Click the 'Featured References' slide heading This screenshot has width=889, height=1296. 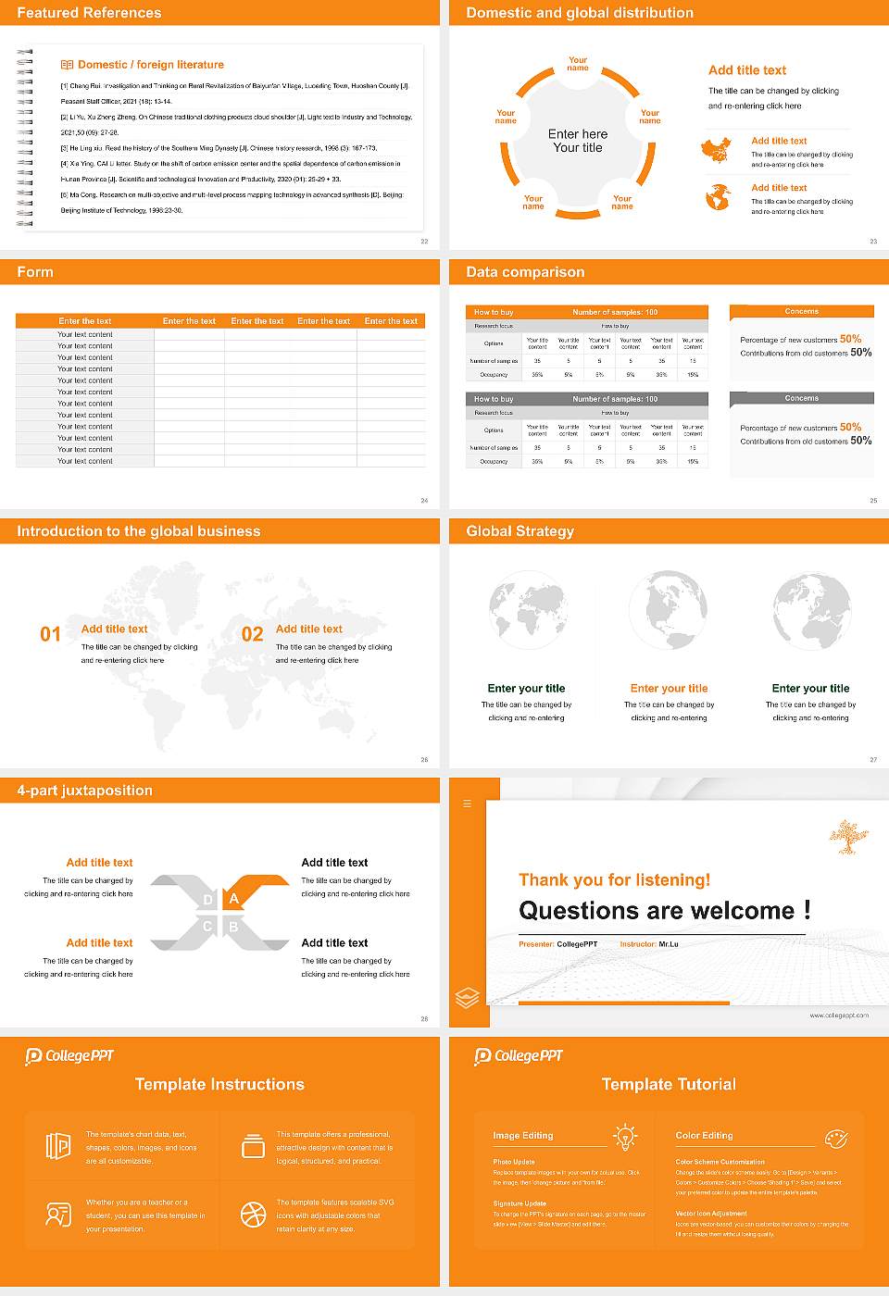pyautogui.click(x=89, y=13)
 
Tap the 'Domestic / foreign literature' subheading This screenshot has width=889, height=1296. pyautogui.click(x=150, y=65)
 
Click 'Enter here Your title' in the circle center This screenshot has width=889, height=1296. pyautogui.click(x=578, y=141)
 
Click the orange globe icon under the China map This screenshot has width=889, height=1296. pyautogui.click(x=718, y=197)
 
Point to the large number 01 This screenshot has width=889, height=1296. pyautogui.click(x=50, y=634)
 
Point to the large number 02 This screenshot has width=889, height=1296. pyautogui.click(x=252, y=634)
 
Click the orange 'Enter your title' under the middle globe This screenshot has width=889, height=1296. pyautogui.click(x=669, y=688)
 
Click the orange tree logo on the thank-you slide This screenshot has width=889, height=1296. pyautogui.click(x=844, y=836)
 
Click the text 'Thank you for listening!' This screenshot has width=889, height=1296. pyautogui.click(x=614, y=879)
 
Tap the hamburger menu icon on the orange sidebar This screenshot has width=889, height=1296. pyautogui.click(x=467, y=804)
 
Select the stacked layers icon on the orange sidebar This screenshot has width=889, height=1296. pyautogui.click(x=468, y=997)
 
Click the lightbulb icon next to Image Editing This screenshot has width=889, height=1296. pyautogui.click(x=625, y=1136)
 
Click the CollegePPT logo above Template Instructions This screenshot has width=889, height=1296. pyautogui.click(x=69, y=1056)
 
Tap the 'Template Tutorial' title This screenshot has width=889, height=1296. pyautogui.click(x=669, y=1084)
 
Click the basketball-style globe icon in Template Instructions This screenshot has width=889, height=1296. pyautogui.click(x=253, y=1214)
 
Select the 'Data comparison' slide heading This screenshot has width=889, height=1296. pyautogui.click(x=525, y=272)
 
